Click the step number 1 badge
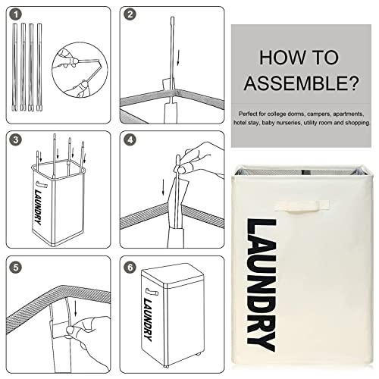click(16, 14)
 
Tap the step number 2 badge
click(130, 14)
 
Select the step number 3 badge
click(16, 139)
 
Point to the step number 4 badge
click(130, 139)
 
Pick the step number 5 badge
click(16, 268)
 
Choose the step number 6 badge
click(130, 268)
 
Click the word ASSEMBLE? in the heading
click(301, 83)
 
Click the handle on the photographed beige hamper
click(302, 205)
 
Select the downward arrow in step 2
click(178, 58)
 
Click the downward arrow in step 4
click(164, 187)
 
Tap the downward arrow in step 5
click(75, 309)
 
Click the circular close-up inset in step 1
click(80, 70)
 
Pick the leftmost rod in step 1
click(14, 67)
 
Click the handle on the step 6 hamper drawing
click(152, 292)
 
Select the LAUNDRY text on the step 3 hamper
click(38, 207)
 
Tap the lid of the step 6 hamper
click(172, 276)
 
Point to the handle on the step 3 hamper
click(42, 184)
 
